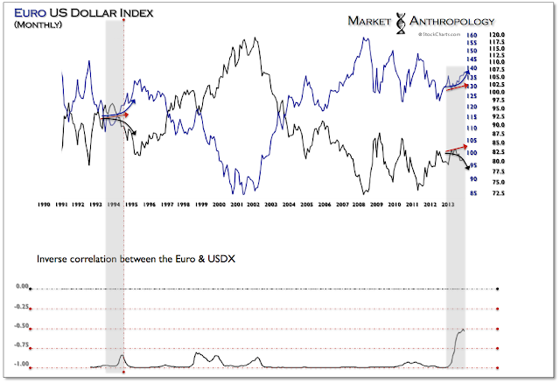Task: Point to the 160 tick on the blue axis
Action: click(471, 36)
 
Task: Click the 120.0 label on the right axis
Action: click(498, 36)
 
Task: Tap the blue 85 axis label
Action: click(472, 192)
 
